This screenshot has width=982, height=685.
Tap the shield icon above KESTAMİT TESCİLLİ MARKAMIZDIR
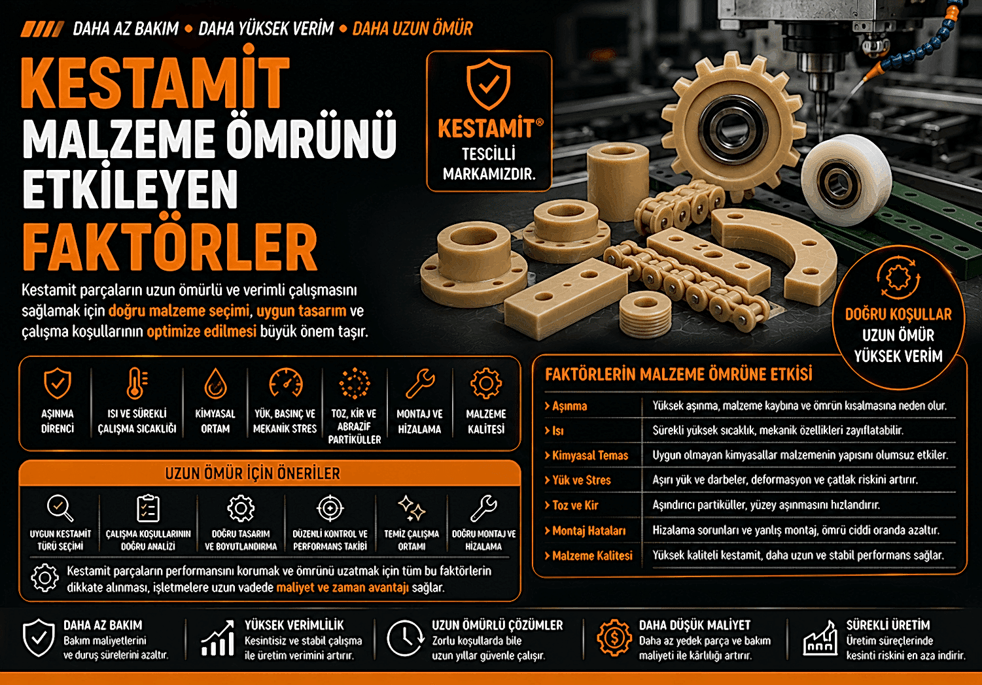click(x=488, y=84)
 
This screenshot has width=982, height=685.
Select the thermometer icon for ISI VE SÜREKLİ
click(x=137, y=383)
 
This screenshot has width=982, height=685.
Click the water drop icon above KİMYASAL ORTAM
click(x=215, y=383)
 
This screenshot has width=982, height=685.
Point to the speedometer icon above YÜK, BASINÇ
click(x=285, y=383)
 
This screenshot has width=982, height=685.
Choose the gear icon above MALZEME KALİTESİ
click(x=485, y=383)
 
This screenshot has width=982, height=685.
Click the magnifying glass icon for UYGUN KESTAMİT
click(x=60, y=508)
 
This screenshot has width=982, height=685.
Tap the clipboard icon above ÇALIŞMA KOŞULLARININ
click(x=148, y=508)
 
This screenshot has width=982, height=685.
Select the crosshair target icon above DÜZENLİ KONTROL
click(x=330, y=508)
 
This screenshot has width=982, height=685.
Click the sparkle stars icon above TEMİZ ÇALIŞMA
click(x=412, y=508)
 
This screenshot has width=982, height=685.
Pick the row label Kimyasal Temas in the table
click(x=589, y=456)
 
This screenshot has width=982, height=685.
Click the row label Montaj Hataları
click(x=589, y=531)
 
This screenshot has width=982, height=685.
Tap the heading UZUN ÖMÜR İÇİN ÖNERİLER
click(x=253, y=473)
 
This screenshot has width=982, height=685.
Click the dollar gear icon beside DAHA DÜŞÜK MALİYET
click(x=614, y=638)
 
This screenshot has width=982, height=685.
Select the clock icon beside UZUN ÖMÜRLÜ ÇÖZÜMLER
click(x=404, y=638)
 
